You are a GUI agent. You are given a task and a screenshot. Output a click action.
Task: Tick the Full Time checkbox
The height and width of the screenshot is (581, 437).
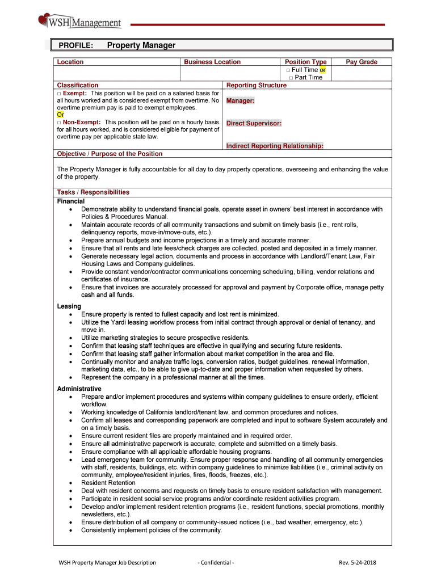tap(288, 70)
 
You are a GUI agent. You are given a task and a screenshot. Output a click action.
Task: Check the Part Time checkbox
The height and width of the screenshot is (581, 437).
tap(291, 78)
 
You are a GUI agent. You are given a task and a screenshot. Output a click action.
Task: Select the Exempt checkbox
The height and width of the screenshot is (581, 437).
tap(59, 93)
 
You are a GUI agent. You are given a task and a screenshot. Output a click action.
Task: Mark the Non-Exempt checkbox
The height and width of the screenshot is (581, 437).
tap(59, 122)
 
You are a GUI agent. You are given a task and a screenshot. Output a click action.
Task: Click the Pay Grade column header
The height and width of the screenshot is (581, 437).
tap(362, 62)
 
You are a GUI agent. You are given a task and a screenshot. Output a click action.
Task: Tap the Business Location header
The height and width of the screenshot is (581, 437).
tap(212, 62)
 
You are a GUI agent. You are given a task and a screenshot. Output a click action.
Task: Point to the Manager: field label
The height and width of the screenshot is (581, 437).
tap(240, 101)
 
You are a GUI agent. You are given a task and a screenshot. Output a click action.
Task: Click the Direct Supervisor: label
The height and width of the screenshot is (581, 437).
tap(254, 123)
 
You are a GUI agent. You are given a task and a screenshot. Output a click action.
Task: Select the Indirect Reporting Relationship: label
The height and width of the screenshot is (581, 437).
tap(275, 146)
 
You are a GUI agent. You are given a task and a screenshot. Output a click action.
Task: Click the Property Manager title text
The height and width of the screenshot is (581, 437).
tap(141, 45)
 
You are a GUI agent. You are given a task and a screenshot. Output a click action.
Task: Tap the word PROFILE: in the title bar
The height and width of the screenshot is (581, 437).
tap(73, 45)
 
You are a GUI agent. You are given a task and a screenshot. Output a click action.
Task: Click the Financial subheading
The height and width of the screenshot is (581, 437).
tap(71, 201)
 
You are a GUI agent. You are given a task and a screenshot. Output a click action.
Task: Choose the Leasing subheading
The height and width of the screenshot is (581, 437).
tap(69, 306)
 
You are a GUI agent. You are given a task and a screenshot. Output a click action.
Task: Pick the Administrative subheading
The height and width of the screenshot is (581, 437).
tap(79, 389)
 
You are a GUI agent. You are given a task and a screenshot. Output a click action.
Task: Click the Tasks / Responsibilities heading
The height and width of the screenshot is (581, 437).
tap(93, 192)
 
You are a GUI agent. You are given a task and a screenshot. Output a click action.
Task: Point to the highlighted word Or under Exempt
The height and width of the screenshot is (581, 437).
tap(61, 115)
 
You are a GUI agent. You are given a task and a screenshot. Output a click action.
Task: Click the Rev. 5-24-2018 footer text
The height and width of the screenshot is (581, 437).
tap(358, 562)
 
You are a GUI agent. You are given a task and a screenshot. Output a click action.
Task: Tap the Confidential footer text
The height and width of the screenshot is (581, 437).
tap(216, 562)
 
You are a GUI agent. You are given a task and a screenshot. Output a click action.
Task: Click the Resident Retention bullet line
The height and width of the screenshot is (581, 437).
tap(108, 483)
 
